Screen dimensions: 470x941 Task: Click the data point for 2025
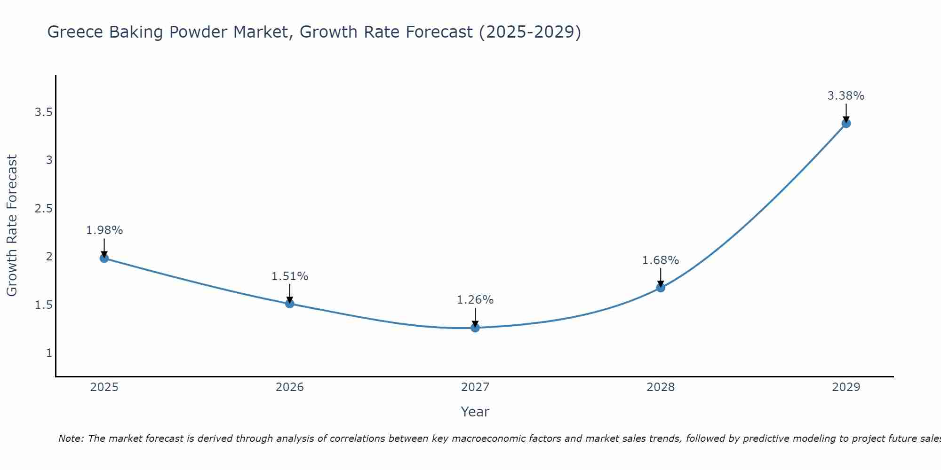(x=104, y=258)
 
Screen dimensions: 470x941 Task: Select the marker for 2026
(x=289, y=304)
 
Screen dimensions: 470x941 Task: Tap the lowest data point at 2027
(x=475, y=328)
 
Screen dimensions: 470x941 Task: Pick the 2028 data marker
(x=660, y=287)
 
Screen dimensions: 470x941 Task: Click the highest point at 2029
(x=845, y=123)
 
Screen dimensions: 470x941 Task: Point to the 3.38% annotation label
(x=845, y=96)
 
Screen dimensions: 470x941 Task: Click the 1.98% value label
(x=104, y=230)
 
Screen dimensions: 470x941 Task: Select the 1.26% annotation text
(x=475, y=300)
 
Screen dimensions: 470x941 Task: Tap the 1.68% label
(x=660, y=260)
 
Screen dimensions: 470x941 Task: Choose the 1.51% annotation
(x=289, y=276)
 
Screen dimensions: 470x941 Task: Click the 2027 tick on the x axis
(x=475, y=387)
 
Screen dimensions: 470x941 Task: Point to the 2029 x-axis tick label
(x=845, y=387)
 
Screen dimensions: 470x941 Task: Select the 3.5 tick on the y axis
(x=43, y=112)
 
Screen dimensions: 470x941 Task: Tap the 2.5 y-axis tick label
(x=43, y=209)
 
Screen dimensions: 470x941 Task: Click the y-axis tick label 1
(x=49, y=353)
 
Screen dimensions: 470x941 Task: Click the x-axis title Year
(x=475, y=412)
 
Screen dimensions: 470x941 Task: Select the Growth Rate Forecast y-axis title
(x=12, y=226)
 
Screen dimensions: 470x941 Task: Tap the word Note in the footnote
(x=71, y=439)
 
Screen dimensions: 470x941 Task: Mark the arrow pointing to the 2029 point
(x=845, y=113)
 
